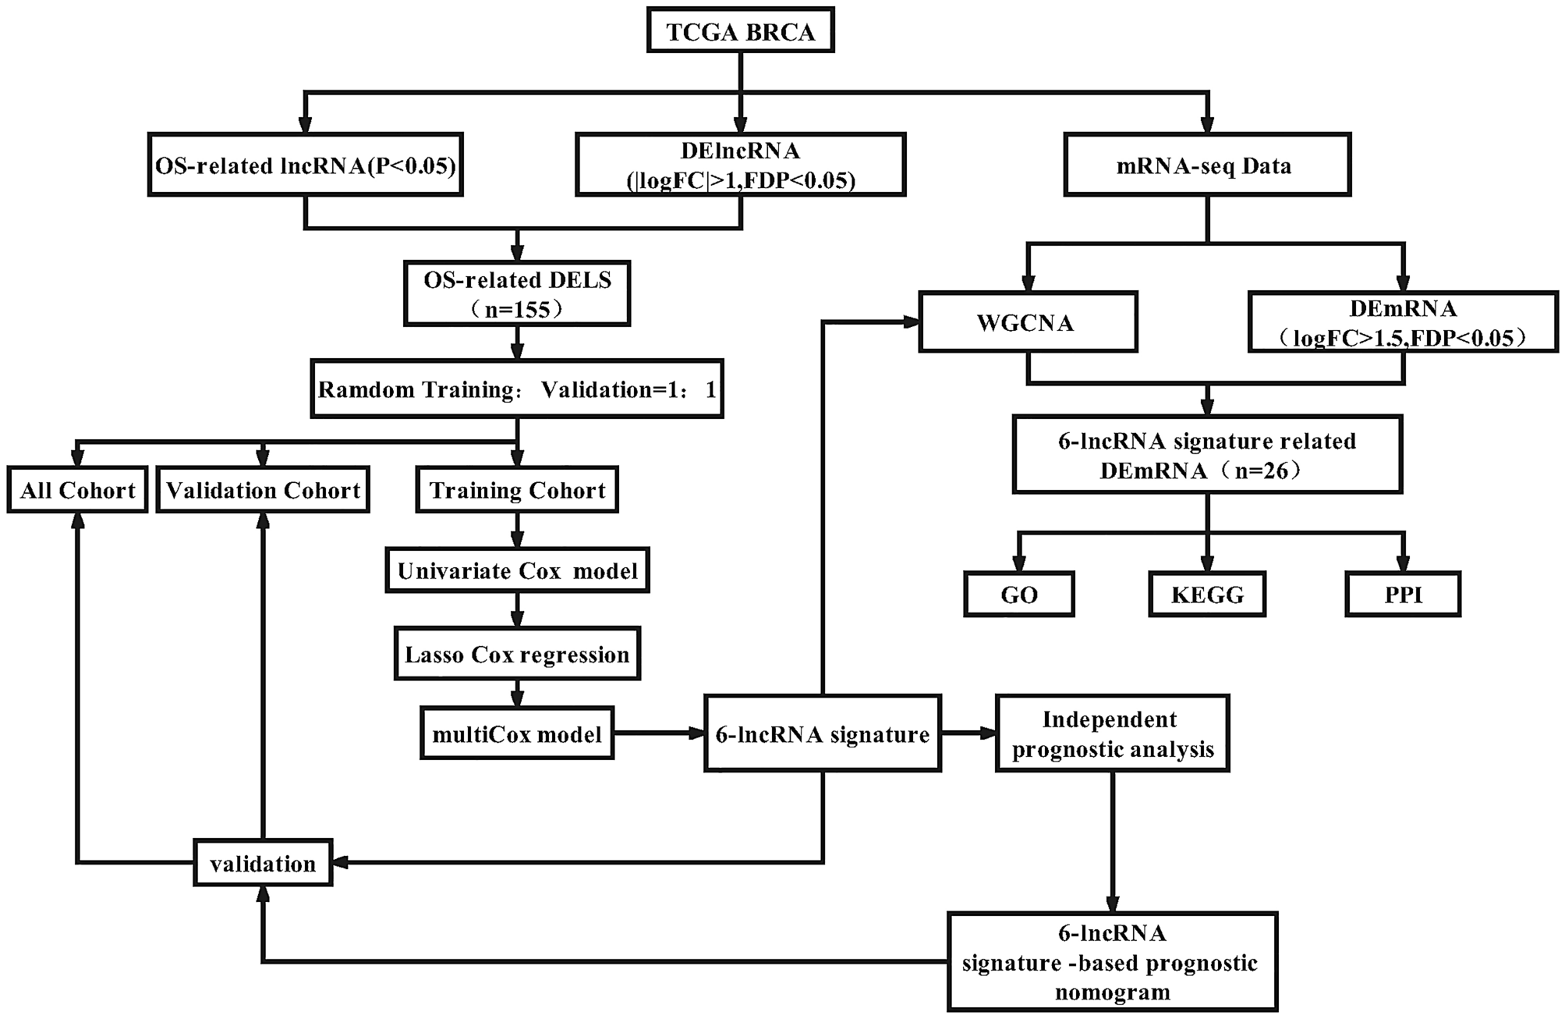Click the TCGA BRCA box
click(x=740, y=32)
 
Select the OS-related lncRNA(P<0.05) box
click(x=306, y=165)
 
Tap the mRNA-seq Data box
click(x=1207, y=165)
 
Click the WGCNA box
click(x=1027, y=322)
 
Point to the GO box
click(x=1018, y=595)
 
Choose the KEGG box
click(x=1206, y=595)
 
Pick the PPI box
click(x=1402, y=595)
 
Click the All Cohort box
click(x=77, y=490)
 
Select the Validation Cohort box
click(x=263, y=490)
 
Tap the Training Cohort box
click(x=517, y=490)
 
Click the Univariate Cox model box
click(x=517, y=571)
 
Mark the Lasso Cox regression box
click(x=517, y=654)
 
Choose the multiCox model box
click(x=517, y=733)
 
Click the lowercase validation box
click(x=263, y=863)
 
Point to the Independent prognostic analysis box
click(x=1112, y=733)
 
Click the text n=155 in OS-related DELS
click(x=518, y=310)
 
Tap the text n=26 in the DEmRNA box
click(x=1263, y=470)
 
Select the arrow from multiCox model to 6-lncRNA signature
click(x=659, y=733)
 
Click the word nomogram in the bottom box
click(x=1112, y=992)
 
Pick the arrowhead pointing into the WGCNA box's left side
click(x=911, y=321)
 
